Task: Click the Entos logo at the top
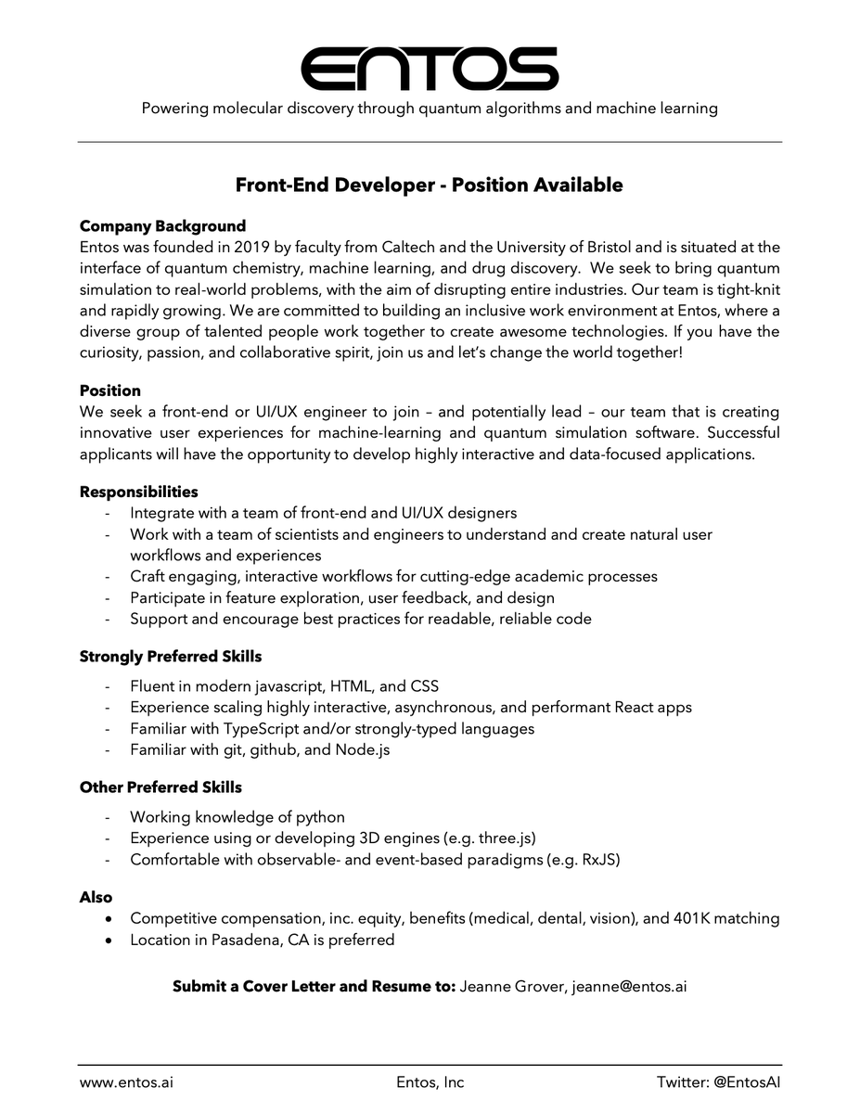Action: pyautogui.click(x=430, y=68)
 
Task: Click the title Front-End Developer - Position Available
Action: pyautogui.click(x=429, y=185)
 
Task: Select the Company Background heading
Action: pyautogui.click(x=162, y=226)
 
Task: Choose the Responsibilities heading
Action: pyautogui.click(x=138, y=492)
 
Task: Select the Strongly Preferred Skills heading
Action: pyautogui.click(x=170, y=657)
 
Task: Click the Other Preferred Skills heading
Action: pyautogui.click(x=160, y=787)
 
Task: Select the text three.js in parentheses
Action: pyautogui.click(x=505, y=838)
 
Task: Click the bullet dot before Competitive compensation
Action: pyautogui.click(x=110, y=919)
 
